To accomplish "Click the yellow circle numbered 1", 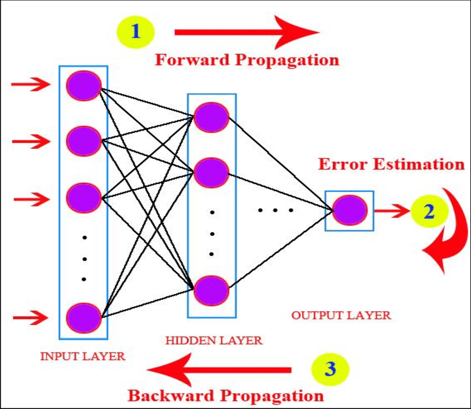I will click(x=136, y=31).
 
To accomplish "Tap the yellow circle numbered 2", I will click(x=429, y=212).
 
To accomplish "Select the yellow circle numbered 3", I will click(x=330, y=369).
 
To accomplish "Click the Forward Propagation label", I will click(x=247, y=59).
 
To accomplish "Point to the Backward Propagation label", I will click(x=226, y=396).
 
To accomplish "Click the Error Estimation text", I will click(x=392, y=164).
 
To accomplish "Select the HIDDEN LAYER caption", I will click(x=213, y=340).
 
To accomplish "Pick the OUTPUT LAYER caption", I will click(x=341, y=316).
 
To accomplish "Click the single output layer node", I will click(x=350, y=211).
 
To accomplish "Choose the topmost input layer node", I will click(x=84, y=85).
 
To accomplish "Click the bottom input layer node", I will click(x=84, y=317).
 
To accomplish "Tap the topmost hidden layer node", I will click(x=211, y=117).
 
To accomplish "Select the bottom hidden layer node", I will click(x=211, y=290).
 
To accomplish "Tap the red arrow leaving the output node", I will click(x=392, y=211).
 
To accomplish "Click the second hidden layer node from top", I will click(x=211, y=172).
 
